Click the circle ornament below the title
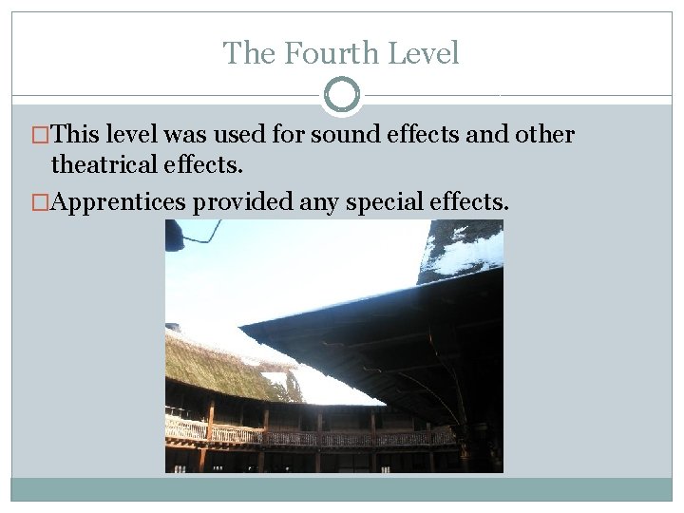(x=342, y=95)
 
